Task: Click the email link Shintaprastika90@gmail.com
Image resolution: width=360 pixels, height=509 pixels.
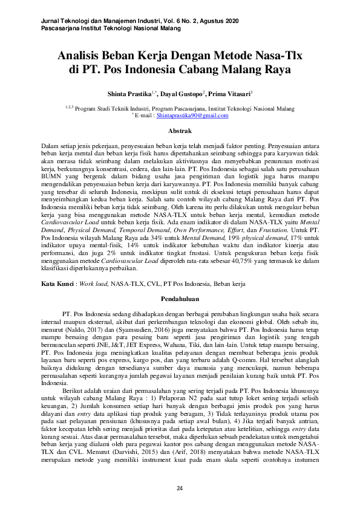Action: pos(192,115)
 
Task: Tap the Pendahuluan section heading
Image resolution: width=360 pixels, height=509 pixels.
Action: pos(179,299)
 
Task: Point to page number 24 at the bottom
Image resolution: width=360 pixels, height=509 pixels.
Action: pos(179,488)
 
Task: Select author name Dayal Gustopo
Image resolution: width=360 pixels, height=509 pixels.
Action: pos(182,95)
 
